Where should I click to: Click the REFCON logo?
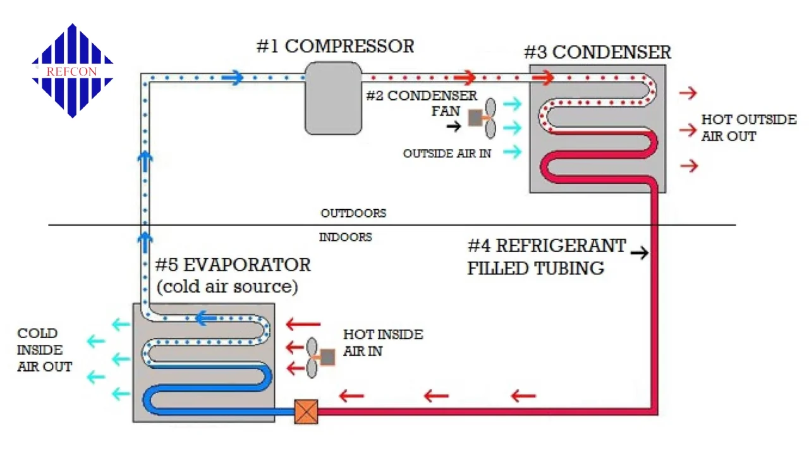(72, 70)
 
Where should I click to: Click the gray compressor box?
(333, 98)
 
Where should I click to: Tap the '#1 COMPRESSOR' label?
(335, 46)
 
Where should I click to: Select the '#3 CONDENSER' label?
(597, 52)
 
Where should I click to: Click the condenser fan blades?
(490, 118)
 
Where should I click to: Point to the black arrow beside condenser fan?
(454, 126)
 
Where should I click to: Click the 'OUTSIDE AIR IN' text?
(447, 154)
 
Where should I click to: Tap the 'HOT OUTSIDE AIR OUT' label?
(748, 128)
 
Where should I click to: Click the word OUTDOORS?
(353, 213)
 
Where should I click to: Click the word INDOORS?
(345, 238)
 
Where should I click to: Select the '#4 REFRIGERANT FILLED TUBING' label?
(546, 257)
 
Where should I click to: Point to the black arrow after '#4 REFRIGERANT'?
(640, 253)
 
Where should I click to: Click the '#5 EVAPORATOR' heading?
(233, 264)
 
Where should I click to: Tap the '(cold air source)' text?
(227, 286)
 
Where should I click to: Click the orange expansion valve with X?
(306, 412)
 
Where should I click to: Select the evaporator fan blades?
(312, 358)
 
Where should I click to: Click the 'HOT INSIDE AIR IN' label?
(382, 343)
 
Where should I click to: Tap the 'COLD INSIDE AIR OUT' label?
(44, 349)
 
